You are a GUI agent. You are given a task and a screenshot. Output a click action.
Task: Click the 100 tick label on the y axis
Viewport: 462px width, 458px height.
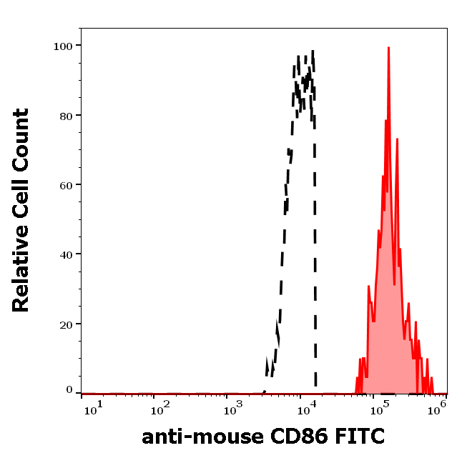(x=64, y=46)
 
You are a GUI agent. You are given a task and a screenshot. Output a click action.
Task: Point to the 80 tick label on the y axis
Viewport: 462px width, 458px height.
(x=67, y=115)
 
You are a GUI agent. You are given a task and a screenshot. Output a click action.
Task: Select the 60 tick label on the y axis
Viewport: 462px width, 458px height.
(x=67, y=184)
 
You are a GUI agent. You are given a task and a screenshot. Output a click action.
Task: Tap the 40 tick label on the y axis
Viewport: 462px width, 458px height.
(x=67, y=254)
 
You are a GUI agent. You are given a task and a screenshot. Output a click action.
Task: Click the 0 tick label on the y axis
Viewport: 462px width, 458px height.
(x=70, y=390)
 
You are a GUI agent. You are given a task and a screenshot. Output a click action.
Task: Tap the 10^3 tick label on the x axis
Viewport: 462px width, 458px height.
(x=234, y=408)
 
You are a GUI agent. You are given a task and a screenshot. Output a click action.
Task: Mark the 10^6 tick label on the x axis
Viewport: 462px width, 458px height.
(x=438, y=407)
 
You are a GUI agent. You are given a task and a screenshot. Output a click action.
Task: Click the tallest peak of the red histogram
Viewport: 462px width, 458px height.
(x=388, y=49)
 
